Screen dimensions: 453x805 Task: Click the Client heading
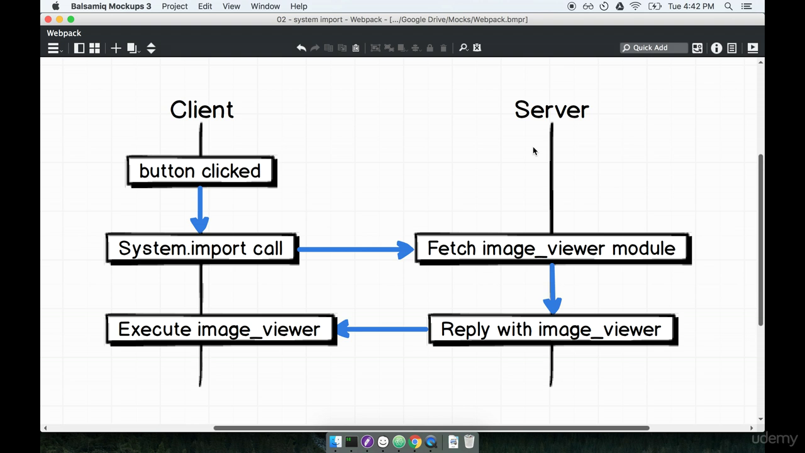pyautogui.click(x=201, y=110)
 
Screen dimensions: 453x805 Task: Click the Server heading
pyautogui.click(x=552, y=110)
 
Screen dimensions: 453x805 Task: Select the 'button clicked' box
pyautogui.click(x=201, y=171)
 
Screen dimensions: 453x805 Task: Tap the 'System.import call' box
pyautogui.click(x=201, y=249)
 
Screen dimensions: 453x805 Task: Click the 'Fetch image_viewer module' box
pyautogui.click(x=552, y=249)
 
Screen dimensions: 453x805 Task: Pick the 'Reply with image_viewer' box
pyautogui.click(x=551, y=330)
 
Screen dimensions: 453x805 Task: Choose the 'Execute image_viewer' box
pyautogui.click(x=219, y=330)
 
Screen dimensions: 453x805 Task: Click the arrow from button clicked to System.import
pyautogui.click(x=200, y=210)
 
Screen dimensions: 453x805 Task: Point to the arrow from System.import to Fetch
pyautogui.click(x=355, y=250)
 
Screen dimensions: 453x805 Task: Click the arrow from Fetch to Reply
pyautogui.click(x=552, y=288)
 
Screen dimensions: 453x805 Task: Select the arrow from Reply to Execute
pyautogui.click(x=382, y=329)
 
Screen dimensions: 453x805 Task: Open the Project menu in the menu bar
pyautogui.click(x=175, y=6)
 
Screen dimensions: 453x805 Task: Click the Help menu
pyautogui.click(x=299, y=6)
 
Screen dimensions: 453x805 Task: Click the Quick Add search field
pyautogui.click(x=654, y=48)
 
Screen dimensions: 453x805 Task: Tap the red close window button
pyautogui.click(x=48, y=20)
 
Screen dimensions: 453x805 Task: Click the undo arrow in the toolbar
pyautogui.click(x=301, y=48)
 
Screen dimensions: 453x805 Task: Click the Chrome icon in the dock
pyautogui.click(x=415, y=442)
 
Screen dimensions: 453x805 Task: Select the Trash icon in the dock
pyautogui.click(x=469, y=442)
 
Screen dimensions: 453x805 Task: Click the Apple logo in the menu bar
pyautogui.click(x=55, y=6)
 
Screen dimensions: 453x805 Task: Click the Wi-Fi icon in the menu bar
pyautogui.click(x=636, y=6)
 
